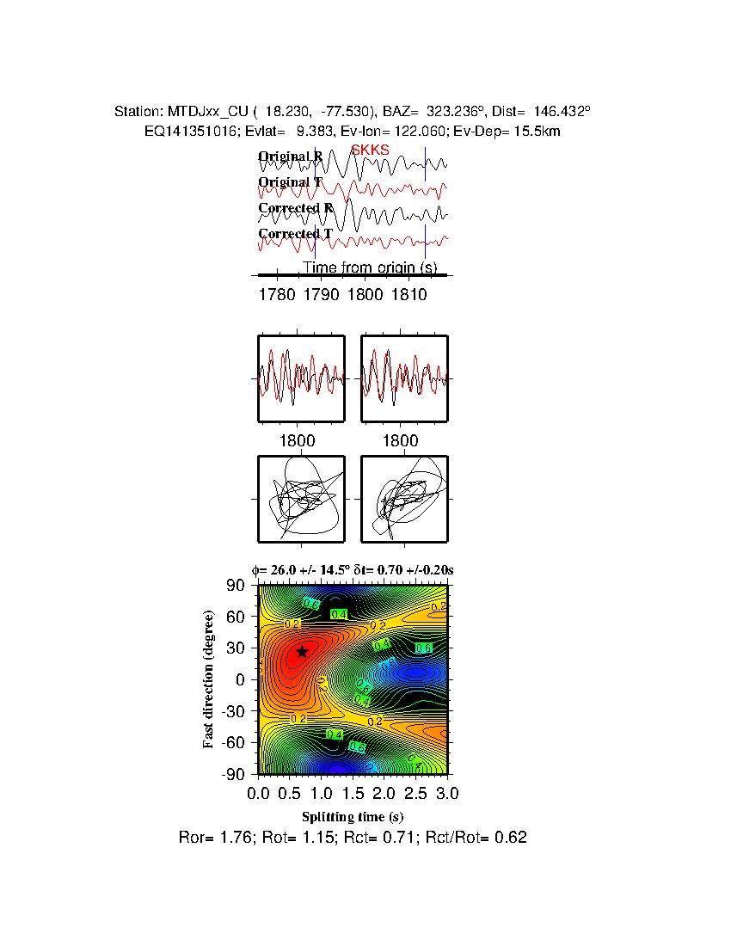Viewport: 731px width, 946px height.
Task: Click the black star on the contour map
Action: tap(302, 652)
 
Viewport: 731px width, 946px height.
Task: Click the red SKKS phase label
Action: tap(370, 150)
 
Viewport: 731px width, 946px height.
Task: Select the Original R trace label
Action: tap(291, 157)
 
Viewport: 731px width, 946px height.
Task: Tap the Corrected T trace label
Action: tap(295, 234)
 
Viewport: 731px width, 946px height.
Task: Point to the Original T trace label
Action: tap(291, 182)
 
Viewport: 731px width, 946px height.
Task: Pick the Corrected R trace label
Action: tap(296, 208)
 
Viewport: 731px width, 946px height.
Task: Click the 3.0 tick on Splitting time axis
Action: tap(447, 792)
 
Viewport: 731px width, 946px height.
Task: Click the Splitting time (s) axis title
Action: tap(353, 816)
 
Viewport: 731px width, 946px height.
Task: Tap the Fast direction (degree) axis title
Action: tap(209, 679)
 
